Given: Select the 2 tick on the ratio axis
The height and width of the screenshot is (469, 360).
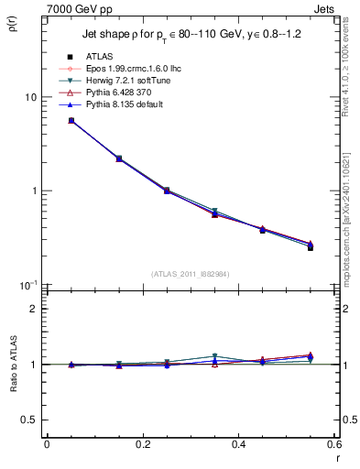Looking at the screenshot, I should coord(34,309).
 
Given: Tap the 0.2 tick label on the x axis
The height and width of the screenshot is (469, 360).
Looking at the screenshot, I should coord(142,444).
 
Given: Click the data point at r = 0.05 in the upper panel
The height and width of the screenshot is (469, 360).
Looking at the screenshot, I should coord(71,121).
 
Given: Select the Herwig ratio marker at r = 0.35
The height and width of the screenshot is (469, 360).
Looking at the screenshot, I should coord(214,356).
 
